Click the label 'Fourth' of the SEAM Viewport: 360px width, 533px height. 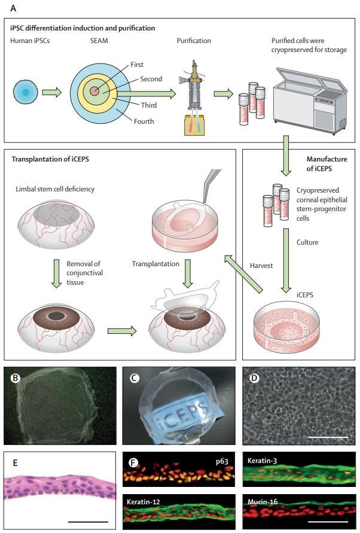point(144,121)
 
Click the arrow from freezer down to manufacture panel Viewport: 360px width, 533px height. point(287,154)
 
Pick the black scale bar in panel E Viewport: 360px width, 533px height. point(89,521)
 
